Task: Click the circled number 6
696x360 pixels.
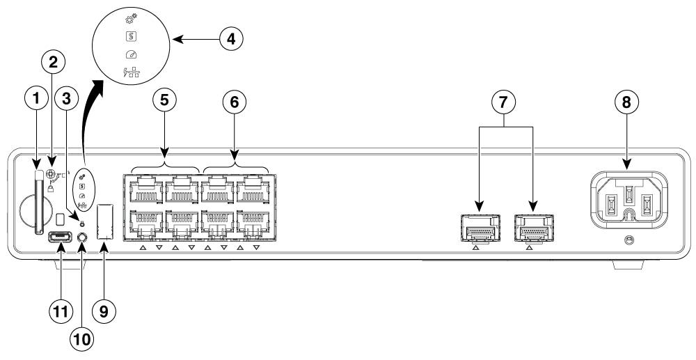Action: tap(235, 103)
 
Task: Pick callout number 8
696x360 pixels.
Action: tap(627, 103)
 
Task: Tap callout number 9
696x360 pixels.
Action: tap(104, 311)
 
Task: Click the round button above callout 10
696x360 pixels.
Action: tap(83, 238)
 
